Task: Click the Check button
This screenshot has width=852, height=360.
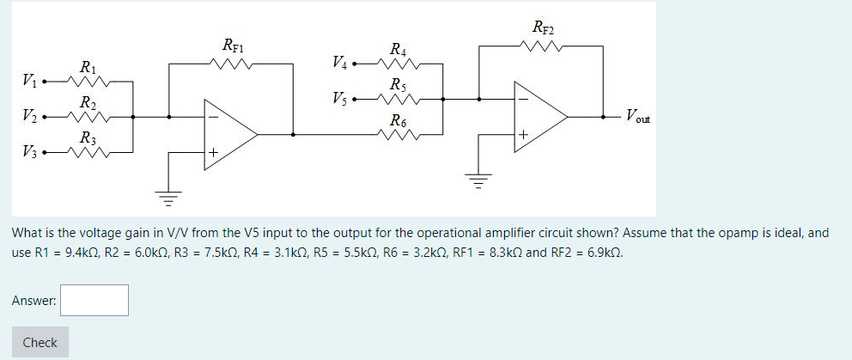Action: tap(40, 342)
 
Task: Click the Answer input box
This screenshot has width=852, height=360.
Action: tap(94, 300)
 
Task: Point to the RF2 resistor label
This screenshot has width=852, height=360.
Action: tap(543, 27)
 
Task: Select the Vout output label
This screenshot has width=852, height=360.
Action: tap(638, 115)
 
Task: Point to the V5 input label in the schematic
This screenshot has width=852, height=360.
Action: tap(341, 99)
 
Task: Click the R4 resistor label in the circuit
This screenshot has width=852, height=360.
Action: tap(399, 49)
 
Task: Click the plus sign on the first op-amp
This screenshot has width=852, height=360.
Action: tap(212, 153)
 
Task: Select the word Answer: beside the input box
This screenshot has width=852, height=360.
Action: tap(34, 301)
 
